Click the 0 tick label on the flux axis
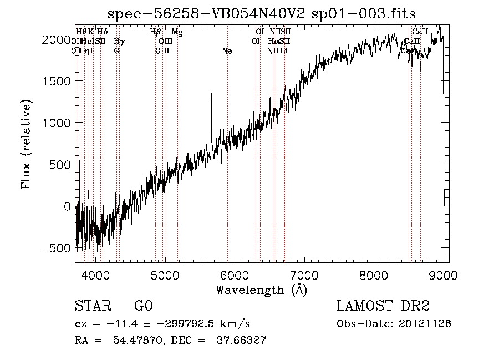click(x=67, y=206)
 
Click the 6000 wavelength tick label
click(x=235, y=275)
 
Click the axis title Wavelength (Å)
click(x=261, y=290)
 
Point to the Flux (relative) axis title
click(x=27, y=144)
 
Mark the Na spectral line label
click(x=227, y=51)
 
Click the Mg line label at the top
click(x=177, y=32)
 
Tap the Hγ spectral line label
click(x=118, y=41)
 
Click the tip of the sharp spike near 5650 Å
click(x=211, y=93)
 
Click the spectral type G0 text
click(x=143, y=306)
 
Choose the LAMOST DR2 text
click(x=383, y=306)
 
